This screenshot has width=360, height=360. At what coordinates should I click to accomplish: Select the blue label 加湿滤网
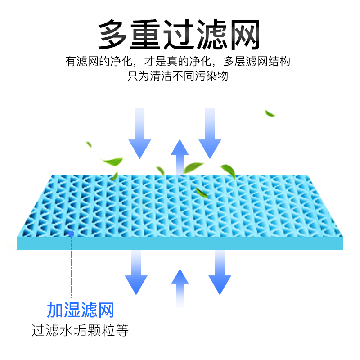click(81, 310)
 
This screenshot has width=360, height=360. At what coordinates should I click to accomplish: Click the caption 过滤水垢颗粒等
click(81, 331)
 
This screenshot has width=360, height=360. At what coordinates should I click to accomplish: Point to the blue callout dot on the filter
click(71, 233)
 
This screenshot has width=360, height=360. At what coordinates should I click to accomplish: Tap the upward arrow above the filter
click(180, 155)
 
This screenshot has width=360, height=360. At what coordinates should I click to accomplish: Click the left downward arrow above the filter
click(139, 135)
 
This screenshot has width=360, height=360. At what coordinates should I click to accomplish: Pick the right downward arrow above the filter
click(210, 135)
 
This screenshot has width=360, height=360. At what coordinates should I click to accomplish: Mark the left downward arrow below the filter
click(136, 274)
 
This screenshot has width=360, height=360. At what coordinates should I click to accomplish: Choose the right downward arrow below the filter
click(220, 274)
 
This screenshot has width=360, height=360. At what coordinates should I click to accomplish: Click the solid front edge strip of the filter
click(180, 243)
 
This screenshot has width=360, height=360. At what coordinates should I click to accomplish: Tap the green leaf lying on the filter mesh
click(201, 193)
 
